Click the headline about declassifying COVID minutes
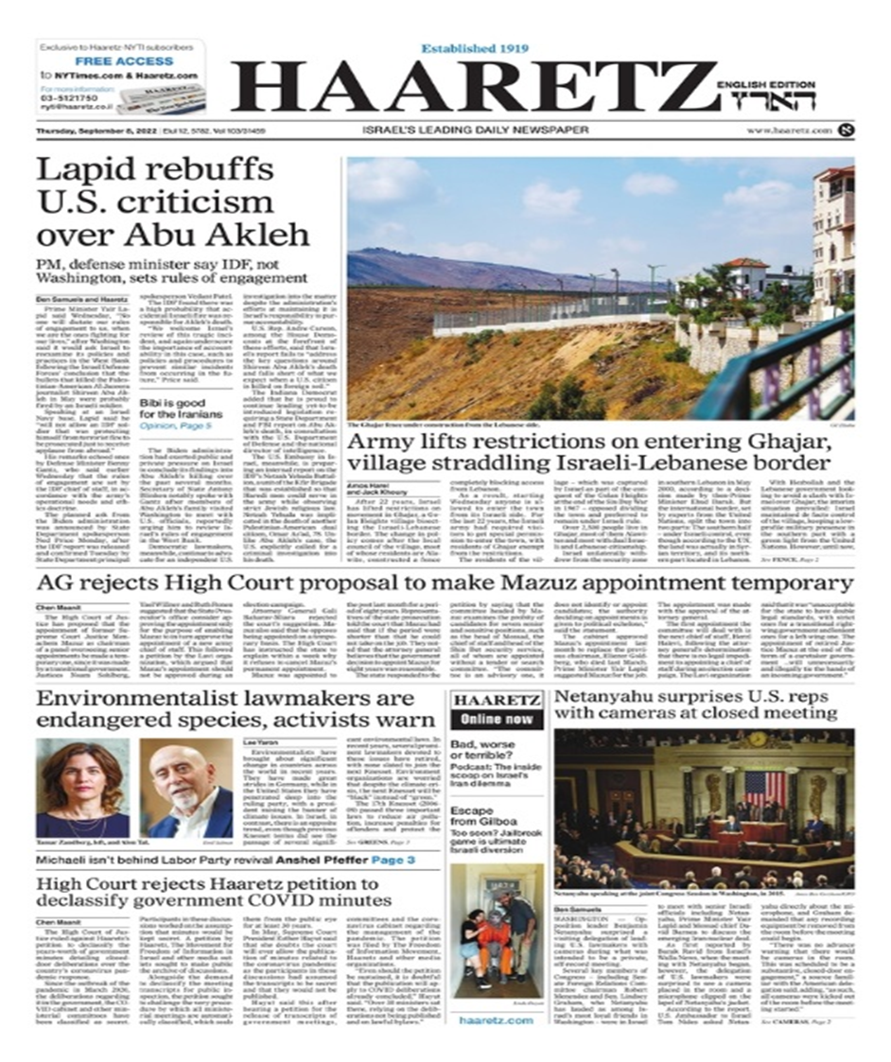point(213,891)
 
